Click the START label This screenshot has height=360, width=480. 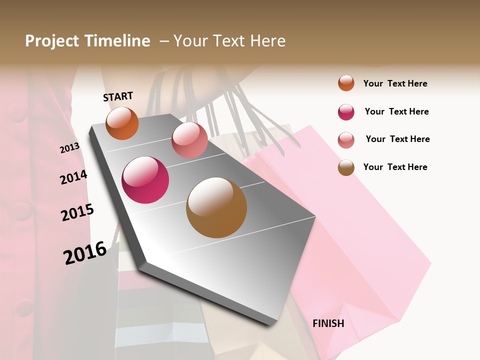click(x=118, y=96)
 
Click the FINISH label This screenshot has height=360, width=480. click(x=328, y=323)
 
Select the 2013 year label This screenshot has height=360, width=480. click(x=69, y=147)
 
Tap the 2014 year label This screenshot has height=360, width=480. click(x=73, y=177)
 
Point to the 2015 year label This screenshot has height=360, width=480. click(x=77, y=212)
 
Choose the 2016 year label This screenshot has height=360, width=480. click(x=85, y=252)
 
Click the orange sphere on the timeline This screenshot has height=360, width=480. click(x=122, y=123)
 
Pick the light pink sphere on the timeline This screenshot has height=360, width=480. click(x=189, y=140)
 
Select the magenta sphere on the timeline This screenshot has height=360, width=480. click(x=145, y=180)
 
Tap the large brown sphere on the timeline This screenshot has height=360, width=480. click(x=216, y=207)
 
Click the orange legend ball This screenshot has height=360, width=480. click(x=346, y=83)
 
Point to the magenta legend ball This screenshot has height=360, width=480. click(x=346, y=112)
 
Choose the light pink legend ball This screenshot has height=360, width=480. click(x=346, y=140)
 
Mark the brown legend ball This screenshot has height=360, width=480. click(x=346, y=167)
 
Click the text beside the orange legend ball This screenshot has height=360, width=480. click(x=395, y=83)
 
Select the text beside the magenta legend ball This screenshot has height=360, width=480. click(x=396, y=111)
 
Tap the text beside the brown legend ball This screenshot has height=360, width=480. click(x=395, y=167)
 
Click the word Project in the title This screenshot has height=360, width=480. click(x=51, y=41)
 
